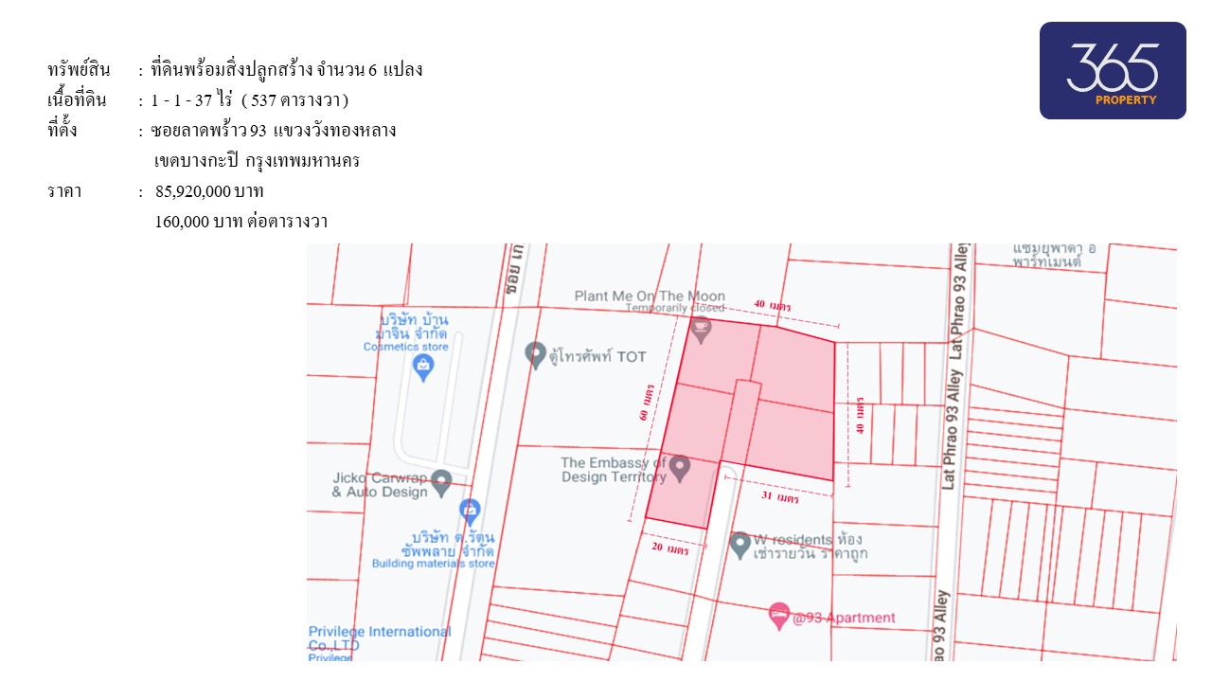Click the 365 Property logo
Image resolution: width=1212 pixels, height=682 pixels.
click(1113, 71)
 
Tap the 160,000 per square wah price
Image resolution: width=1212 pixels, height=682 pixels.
click(241, 223)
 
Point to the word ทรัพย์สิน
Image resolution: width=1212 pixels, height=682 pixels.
click(79, 69)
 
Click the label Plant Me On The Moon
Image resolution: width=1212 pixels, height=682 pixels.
click(649, 296)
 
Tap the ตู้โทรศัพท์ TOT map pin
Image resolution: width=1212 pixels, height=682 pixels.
click(535, 354)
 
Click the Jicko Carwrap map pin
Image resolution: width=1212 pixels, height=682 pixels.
click(441, 481)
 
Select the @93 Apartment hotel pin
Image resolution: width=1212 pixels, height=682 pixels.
click(779, 616)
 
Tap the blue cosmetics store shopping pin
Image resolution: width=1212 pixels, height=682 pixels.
click(424, 368)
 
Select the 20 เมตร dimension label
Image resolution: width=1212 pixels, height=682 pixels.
click(669, 547)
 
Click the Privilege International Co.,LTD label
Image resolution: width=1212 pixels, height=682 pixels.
click(379, 637)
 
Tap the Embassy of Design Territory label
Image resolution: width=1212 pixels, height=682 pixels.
click(613, 470)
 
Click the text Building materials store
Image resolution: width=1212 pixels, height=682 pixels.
click(433, 564)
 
